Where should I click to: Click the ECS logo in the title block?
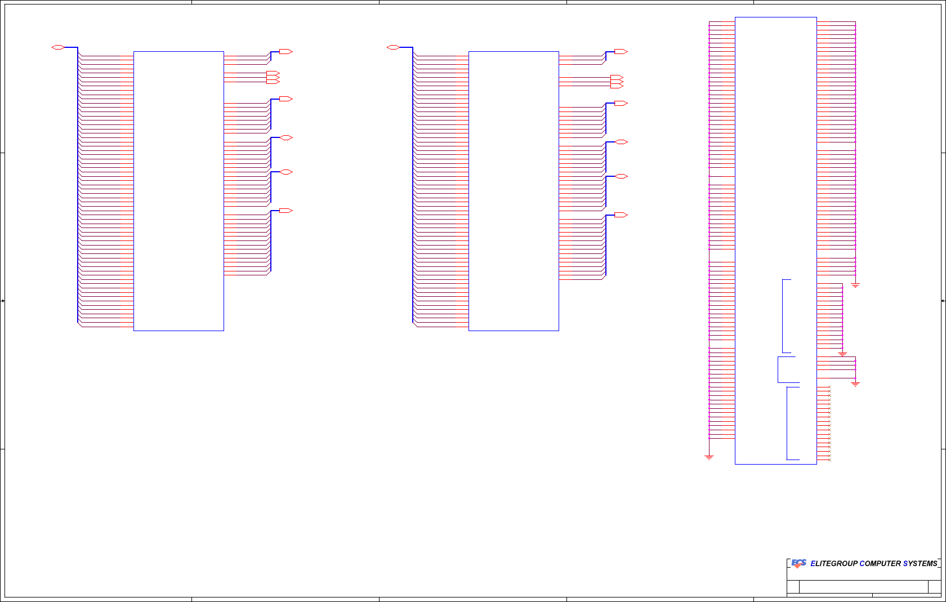[798, 563]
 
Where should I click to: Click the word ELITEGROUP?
[834, 564]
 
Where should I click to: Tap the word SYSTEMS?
[920, 564]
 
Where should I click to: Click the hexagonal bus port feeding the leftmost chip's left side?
[58, 47]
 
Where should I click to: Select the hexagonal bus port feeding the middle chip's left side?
[393, 47]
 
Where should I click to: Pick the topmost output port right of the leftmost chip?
[285, 52]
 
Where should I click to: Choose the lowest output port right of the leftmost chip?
[285, 211]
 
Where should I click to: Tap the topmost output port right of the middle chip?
[621, 52]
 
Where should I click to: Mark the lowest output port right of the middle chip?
[621, 215]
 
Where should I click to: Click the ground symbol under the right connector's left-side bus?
[709, 457]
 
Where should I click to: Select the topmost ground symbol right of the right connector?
[855, 286]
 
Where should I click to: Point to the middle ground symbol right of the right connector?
[842, 354]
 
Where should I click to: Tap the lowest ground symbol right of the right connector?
[855, 384]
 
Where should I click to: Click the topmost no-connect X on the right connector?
[829, 387]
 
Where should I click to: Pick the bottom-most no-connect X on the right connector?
[829, 460]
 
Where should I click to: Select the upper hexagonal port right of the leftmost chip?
[286, 137]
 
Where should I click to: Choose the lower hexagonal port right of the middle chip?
[621, 176]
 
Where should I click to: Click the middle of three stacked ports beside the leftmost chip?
[273, 77]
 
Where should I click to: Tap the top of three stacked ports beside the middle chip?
[617, 77]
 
